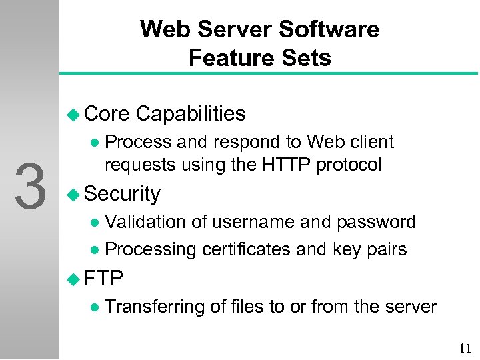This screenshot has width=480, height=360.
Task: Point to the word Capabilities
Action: tap(190, 114)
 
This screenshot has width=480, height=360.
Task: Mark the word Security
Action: tap(123, 194)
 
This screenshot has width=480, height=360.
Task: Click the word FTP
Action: tap(103, 275)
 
